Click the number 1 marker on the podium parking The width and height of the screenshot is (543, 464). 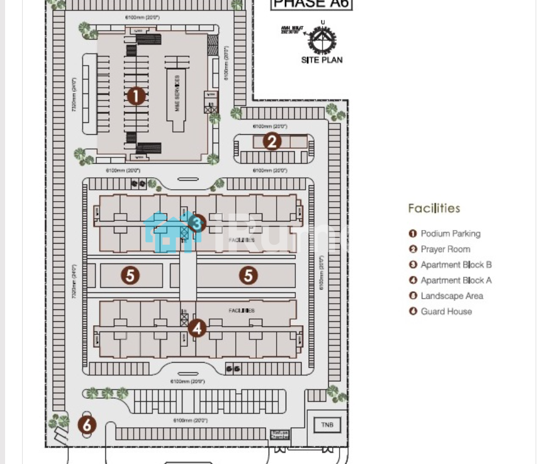[135, 96]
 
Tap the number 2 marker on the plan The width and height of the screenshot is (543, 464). [272, 141]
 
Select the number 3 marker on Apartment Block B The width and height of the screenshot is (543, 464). [196, 224]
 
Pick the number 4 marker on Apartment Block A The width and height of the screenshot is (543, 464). [197, 327]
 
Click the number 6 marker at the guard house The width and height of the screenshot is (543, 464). [87, 425]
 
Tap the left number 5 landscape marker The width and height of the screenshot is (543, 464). [130, 275]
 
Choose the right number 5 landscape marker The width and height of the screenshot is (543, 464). [248, 275]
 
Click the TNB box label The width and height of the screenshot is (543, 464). [327, 425]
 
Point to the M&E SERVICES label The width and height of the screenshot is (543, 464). [177, 93]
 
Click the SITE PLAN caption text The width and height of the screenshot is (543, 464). [322, 59]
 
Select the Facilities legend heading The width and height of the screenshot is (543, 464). [434, 208]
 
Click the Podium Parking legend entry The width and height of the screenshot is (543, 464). [450, 233]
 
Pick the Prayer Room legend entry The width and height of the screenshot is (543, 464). [445, 249]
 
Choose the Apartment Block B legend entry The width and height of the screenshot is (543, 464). [456, 265]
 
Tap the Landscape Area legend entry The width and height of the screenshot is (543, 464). [452, 296]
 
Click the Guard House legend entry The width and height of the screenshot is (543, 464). [446, 311]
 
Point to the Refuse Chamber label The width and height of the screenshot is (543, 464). [279, 435]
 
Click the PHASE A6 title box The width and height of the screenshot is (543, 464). [311, 4]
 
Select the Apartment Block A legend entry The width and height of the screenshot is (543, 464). [456, 280]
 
